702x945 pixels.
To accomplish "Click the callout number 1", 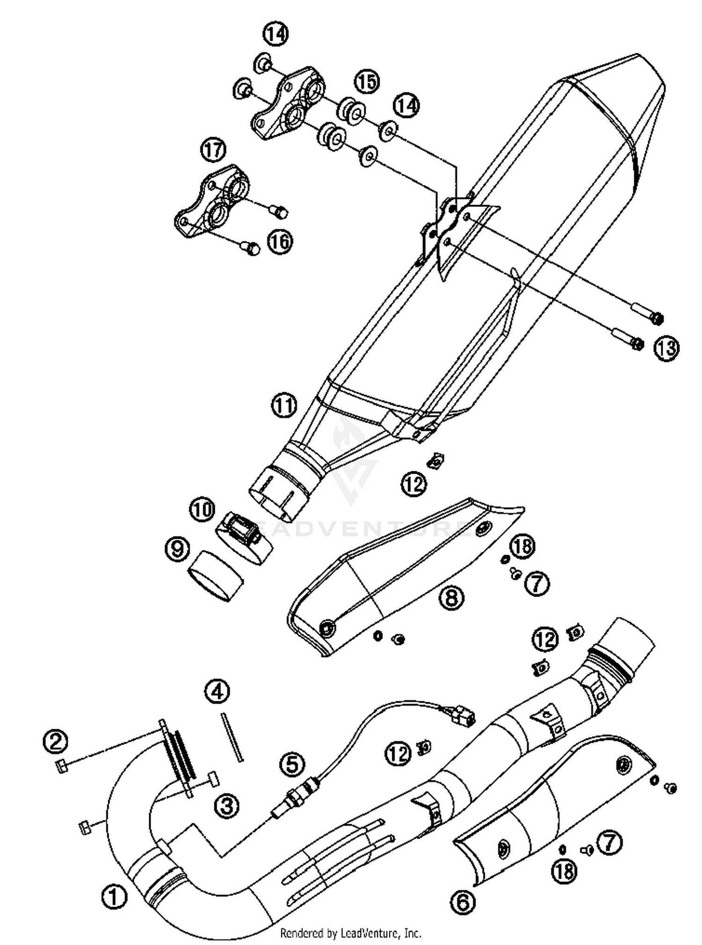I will (114, 897).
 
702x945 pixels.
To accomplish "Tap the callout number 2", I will (55, 740).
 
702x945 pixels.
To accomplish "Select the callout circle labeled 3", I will (227, 806).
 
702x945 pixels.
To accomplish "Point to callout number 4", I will (217, 692).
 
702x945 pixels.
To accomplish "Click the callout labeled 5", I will (292, 764).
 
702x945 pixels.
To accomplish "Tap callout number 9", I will (177, 548).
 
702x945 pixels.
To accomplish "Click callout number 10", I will (202, 509).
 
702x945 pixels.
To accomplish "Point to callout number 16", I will (280, 242).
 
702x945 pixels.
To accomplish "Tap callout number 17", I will (213, 150).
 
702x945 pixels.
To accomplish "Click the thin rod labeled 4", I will (232, 736).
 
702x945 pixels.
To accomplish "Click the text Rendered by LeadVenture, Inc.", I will (351, 933).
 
